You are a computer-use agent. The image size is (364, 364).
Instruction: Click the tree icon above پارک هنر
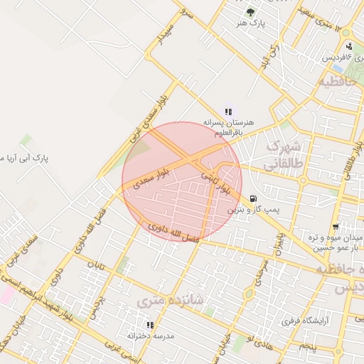click(250, 12)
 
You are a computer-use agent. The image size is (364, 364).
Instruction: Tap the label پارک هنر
click(251, 24)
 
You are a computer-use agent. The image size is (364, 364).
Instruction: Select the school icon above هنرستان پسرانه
click(228, 112)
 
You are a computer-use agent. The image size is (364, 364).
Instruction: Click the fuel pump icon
click(253, 198)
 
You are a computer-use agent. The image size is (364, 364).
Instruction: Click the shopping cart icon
click(335, 227)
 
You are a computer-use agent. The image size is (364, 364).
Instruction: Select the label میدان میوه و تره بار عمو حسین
click(336, 242)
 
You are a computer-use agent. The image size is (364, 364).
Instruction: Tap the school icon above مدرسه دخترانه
click(150, 324)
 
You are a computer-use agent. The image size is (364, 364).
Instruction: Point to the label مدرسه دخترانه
click(150, 336)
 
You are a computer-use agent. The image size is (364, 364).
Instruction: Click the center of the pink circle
click(181, 181)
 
